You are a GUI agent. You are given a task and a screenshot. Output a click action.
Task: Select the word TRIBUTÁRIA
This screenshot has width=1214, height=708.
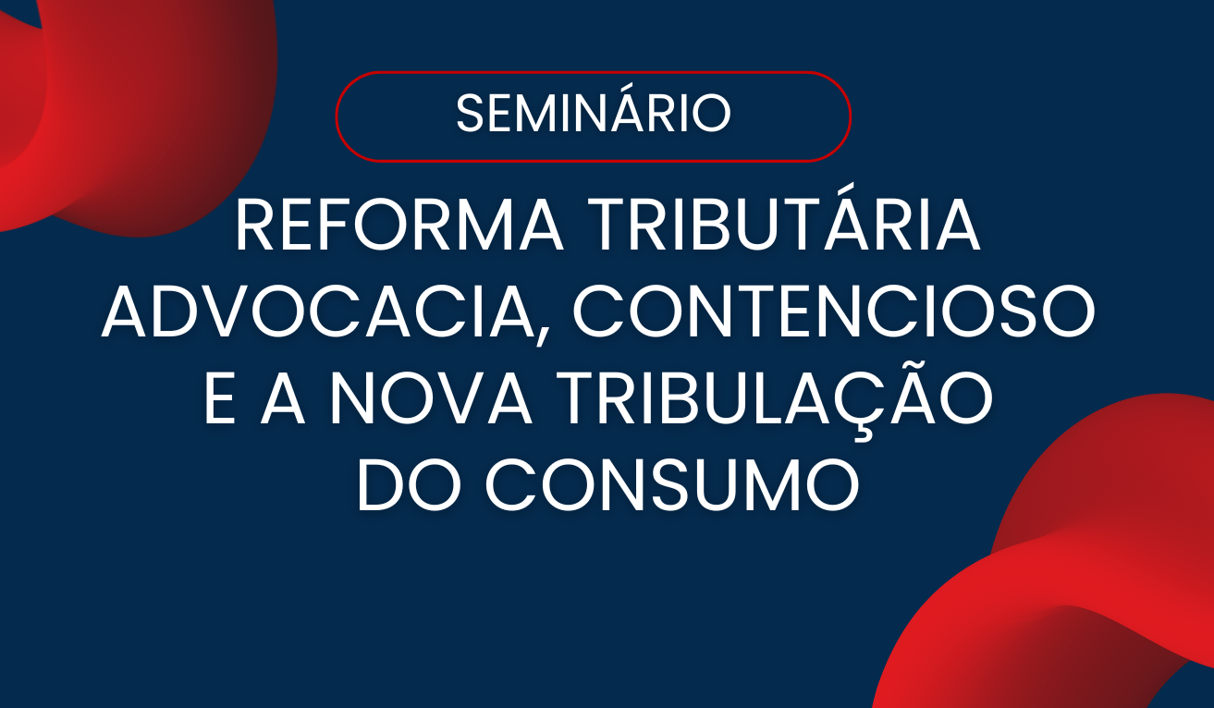784,227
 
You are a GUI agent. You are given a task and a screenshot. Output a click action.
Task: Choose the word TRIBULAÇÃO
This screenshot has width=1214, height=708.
779,403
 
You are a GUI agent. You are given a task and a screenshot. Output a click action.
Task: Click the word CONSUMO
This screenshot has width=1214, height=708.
673,488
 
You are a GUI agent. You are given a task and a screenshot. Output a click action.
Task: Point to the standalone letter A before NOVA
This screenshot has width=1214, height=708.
283,403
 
